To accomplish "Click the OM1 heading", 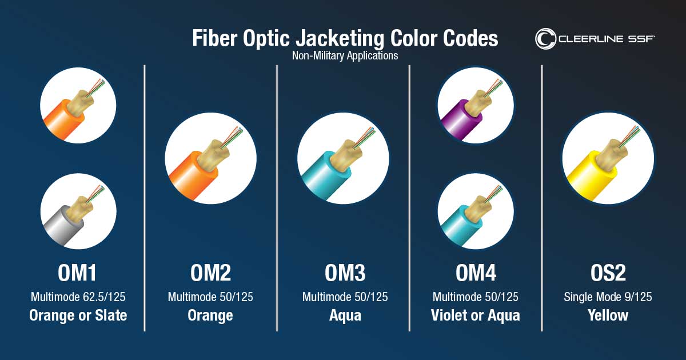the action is pos(77,273).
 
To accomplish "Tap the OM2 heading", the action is pos(211,273).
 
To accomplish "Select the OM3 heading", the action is pos(345,273).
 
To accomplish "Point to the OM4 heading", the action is pos(476,273).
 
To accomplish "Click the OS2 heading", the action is pos(608,273).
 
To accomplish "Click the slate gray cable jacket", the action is pos(61,226).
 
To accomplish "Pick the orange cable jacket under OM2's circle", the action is pos(192,176).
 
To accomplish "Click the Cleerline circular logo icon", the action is pos(545,39).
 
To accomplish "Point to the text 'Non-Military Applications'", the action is pos(345,56).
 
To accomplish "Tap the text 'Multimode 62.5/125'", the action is pos(78,297).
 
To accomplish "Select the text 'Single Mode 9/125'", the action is pos(608,297).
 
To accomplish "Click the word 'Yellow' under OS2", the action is pos(608,315).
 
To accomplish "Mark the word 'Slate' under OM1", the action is pos(111,315).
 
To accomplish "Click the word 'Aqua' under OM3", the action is pos(345,315).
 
